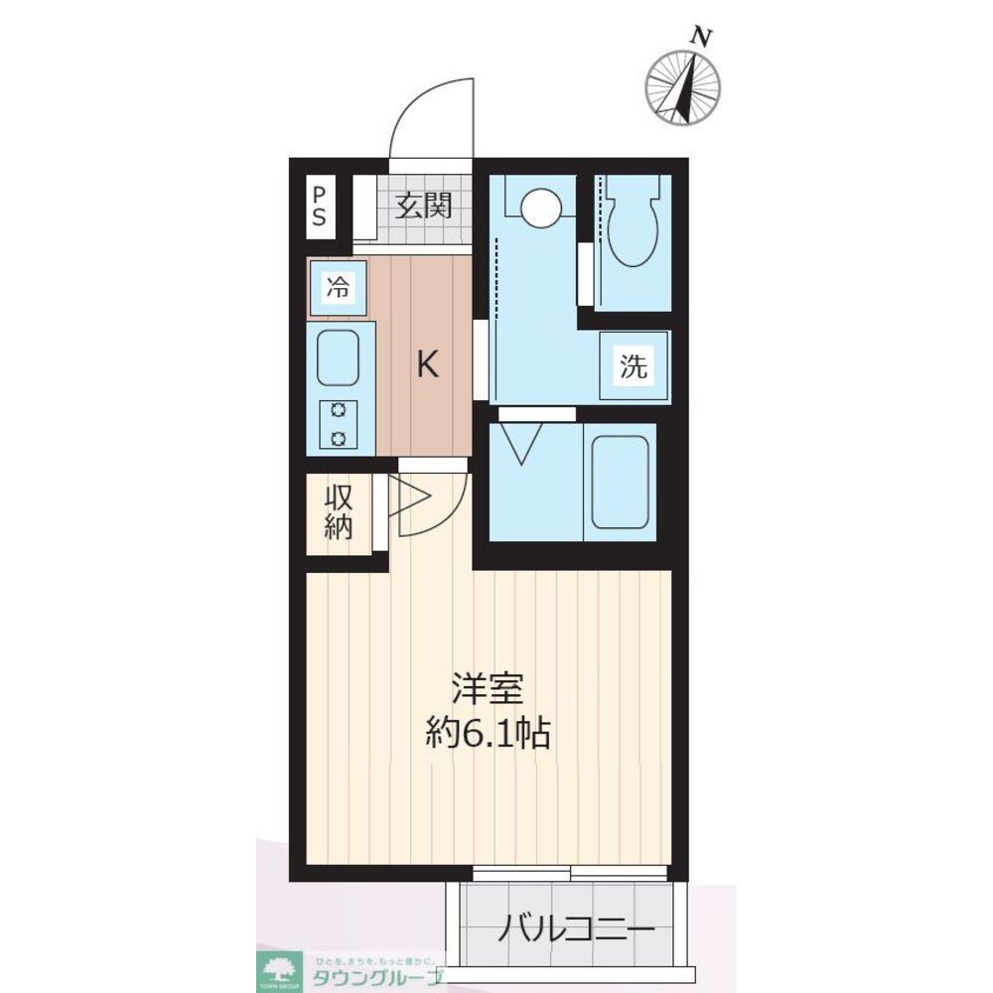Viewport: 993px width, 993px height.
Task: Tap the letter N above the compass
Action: point(702,37)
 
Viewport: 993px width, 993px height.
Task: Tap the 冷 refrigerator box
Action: point(339,289)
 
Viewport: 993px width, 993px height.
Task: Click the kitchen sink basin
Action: point(338,357)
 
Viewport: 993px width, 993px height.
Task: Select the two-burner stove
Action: point(339,424)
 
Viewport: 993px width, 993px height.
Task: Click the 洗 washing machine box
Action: point(634,366)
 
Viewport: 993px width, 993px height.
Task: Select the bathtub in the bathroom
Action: point(621,482)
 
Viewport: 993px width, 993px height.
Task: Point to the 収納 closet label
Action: point(339,511)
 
